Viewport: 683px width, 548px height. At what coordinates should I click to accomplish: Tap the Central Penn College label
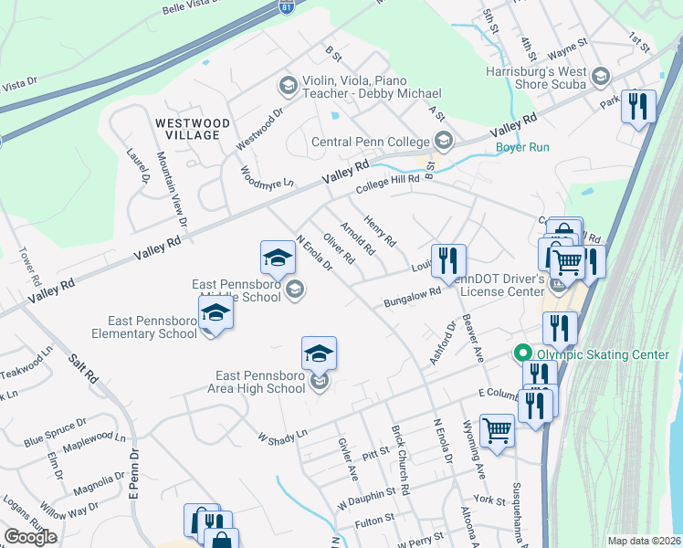click(x=370, y=142)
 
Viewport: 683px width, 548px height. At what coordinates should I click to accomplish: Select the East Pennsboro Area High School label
click(x=260, y=382)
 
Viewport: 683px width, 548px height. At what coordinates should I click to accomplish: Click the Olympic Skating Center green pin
click(x=522, y=353)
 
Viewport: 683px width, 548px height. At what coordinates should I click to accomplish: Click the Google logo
click(x=30, y=537)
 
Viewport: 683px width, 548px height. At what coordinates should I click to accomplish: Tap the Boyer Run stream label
click(x=522, y=147)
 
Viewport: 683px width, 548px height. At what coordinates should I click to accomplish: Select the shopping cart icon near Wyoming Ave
click(x=497, y=430)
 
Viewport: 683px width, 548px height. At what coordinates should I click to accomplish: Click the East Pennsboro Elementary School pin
click(x=215, y=313)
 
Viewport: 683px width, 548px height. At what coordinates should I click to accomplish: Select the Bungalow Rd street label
click(x=412, y=297)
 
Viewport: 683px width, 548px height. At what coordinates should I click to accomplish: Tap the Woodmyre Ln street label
click(x=267, y=177)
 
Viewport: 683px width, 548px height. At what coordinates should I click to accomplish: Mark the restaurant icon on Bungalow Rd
click(x=448, y=261)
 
